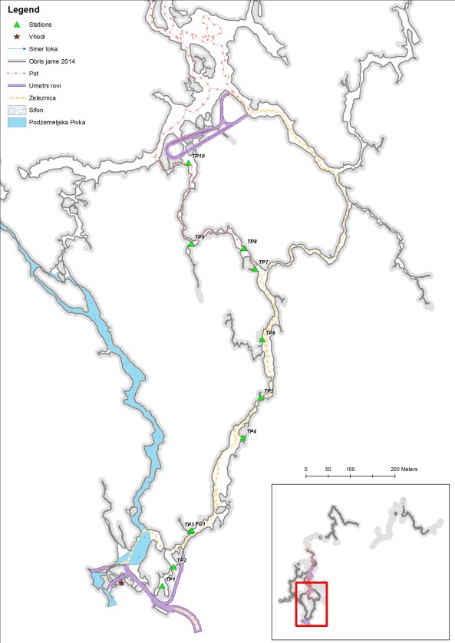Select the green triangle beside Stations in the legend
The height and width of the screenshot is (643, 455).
[x=16, y=25]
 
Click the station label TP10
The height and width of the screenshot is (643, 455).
[x=198, y=156]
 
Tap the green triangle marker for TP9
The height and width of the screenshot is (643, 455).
[x=191, y=244]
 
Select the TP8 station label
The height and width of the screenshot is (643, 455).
[x=252, y=242]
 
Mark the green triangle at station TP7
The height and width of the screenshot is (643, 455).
[x=256, y=269]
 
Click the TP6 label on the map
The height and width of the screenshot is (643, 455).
[x=270, y=333]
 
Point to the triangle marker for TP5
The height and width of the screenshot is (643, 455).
[x=261, y=397]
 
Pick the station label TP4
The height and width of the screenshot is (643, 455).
[x=251, y=432]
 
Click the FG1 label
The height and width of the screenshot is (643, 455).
[x=201, y=523]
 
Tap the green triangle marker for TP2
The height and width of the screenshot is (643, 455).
[x=173, y=568]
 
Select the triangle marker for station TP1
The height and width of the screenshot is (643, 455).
[x=162, y=586]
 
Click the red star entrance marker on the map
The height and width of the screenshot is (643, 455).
[x=120, y=583]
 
